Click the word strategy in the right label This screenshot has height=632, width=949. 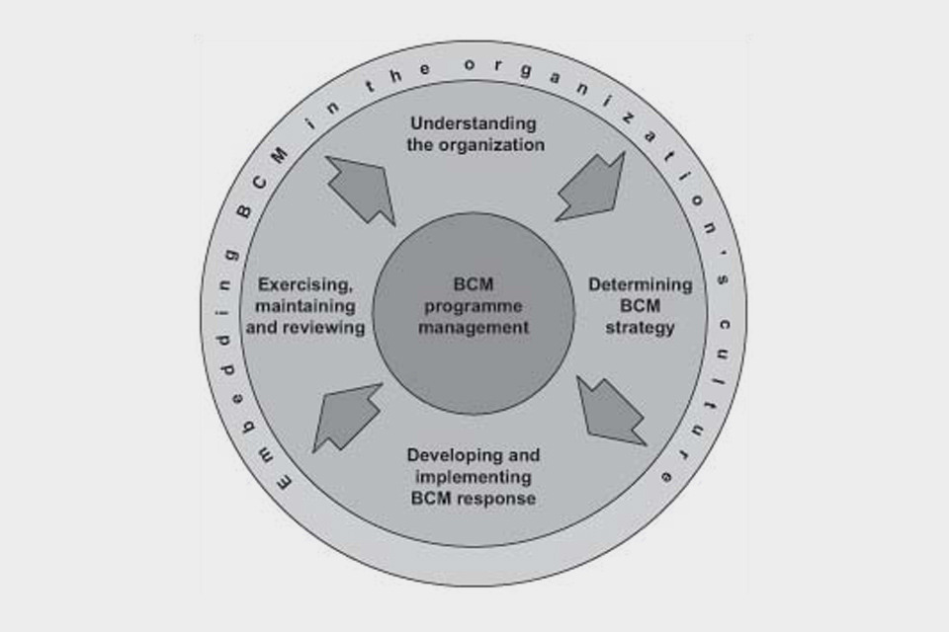pyautogui.click(x=641, y=327)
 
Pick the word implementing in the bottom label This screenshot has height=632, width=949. pyautogui.click(x=474, y=477)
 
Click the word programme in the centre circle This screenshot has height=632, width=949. pyautogui.click(x=474, y=306)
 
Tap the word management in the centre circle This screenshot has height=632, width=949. pyautogui.click(x=474, y=327)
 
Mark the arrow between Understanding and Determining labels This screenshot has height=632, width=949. pyautogui.click(x=591, y=188)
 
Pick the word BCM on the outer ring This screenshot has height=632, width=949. pyautogui.click(x=261, y=178)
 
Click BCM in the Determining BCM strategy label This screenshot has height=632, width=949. pyautogui.click(x=641, y=306)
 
